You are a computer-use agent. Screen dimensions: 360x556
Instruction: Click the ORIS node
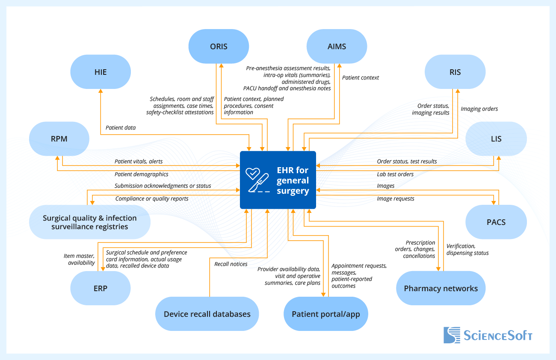coord(219,46)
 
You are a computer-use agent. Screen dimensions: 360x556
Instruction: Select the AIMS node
coord(337,46)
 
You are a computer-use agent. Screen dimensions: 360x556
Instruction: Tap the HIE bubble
coord(101,72)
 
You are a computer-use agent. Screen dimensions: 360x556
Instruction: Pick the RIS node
coord(455,72)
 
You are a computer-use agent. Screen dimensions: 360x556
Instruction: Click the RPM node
coord(59,139)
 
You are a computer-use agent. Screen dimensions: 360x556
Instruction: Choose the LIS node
coord(496,139)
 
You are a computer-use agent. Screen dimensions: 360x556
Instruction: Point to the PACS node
coord(496,222)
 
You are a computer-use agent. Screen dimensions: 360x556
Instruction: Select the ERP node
coord(101,288)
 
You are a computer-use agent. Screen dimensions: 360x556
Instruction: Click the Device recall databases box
coord(207,314)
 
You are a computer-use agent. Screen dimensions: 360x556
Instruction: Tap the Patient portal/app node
coord(326,314)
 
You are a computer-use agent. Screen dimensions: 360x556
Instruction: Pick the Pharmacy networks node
coord(441,288)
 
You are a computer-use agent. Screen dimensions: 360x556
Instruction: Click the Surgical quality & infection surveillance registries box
coord(90,222)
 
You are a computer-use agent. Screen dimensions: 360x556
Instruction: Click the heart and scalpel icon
coord(258,180)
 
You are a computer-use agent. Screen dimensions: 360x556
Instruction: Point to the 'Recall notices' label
coord(231,264)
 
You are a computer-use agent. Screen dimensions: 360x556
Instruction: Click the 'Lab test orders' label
coord(395,174)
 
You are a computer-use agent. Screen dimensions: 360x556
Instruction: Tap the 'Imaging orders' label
coord(479,109)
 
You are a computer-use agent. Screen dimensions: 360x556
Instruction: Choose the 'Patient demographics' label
coord(141,174)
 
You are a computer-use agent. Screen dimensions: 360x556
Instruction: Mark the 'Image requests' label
coord(395,198)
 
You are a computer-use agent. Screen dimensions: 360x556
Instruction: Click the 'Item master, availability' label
coord(79,259)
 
